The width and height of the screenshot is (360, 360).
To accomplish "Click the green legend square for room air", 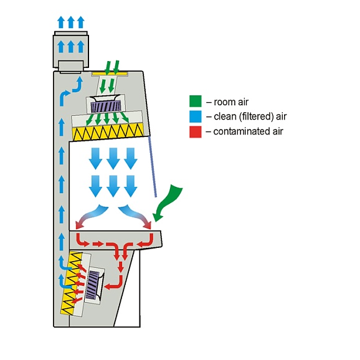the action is (x=196, y=102).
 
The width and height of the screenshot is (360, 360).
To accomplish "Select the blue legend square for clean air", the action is (x=196, y=116).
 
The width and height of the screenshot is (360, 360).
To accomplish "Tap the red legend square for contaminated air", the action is (x=196, y=132).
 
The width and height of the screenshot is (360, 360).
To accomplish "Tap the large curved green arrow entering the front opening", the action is (x=167, y=202).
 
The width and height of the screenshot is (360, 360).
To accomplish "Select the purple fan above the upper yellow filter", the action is (x=106, y=107).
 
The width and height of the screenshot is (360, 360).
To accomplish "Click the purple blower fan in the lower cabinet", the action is (x=93, y=284).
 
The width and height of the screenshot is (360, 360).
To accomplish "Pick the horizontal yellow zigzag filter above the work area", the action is (x=108, y=132).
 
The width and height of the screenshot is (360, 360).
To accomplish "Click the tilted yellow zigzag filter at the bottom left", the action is (x=70, y=283).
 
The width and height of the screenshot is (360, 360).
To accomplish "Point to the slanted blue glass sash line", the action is (x=153, y=167).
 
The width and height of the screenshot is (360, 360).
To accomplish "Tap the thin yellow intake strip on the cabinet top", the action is (x=110, y=73).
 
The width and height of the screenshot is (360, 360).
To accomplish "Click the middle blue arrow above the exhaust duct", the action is (x=71, y=22).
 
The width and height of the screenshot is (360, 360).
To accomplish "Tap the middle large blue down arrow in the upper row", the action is (x=113, y=159).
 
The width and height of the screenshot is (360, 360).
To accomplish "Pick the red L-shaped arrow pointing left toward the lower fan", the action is (x=114, y=282).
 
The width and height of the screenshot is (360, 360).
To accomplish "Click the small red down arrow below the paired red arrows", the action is (x=120, y=267).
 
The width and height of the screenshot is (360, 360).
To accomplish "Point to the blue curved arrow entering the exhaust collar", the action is (x=78, y=85).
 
